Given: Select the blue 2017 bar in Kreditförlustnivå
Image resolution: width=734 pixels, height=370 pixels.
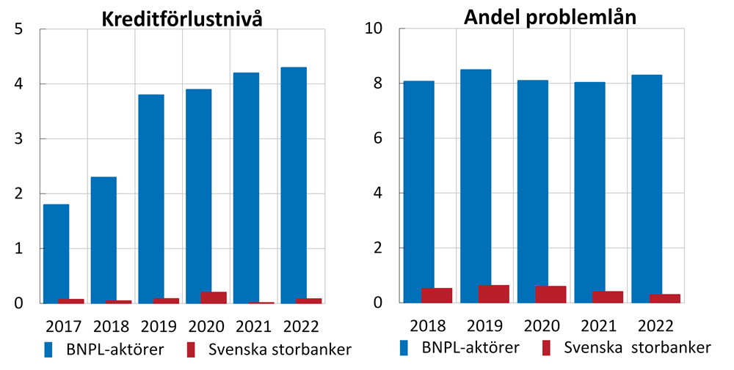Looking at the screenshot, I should point(56,253).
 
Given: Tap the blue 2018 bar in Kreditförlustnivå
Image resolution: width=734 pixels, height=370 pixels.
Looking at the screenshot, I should point(103,240).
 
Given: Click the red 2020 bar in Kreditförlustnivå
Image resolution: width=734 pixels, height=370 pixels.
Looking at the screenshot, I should point(214,297).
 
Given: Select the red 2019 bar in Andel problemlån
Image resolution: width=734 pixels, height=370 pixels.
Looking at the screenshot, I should point(493,294).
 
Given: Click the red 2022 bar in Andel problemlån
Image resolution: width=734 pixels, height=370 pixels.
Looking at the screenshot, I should point(665,298).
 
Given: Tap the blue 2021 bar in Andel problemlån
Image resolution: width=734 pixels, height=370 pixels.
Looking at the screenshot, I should point(590,192).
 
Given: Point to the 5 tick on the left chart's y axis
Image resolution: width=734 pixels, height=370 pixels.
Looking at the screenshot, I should point(19,29).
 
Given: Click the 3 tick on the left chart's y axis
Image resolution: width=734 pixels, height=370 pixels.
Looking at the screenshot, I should point(19,139).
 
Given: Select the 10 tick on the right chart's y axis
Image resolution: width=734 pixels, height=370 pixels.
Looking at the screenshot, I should point(374,29).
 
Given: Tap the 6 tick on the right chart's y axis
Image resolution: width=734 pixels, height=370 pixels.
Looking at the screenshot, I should point(379,139).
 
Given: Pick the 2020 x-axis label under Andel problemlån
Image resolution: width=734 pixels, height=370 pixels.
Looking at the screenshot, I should point(542,325).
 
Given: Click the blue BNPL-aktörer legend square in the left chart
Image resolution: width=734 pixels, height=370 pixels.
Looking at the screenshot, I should point(48,349).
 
